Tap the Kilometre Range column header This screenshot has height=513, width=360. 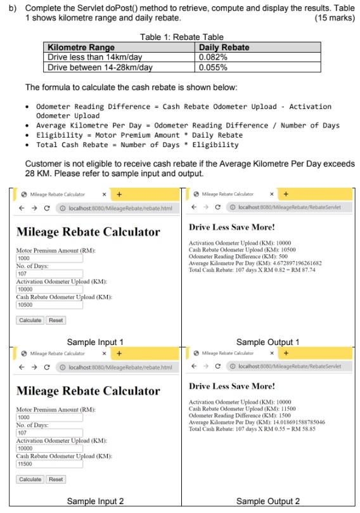pos(82,48)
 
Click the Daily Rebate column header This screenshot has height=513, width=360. pos(224,48)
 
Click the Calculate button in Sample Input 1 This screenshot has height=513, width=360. pos(30,320)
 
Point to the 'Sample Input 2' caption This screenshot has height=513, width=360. pos(95,501)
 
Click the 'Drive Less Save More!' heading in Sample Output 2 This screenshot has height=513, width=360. pos(232,386)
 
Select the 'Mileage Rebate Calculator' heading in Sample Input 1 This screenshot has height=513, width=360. pos(88,232)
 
